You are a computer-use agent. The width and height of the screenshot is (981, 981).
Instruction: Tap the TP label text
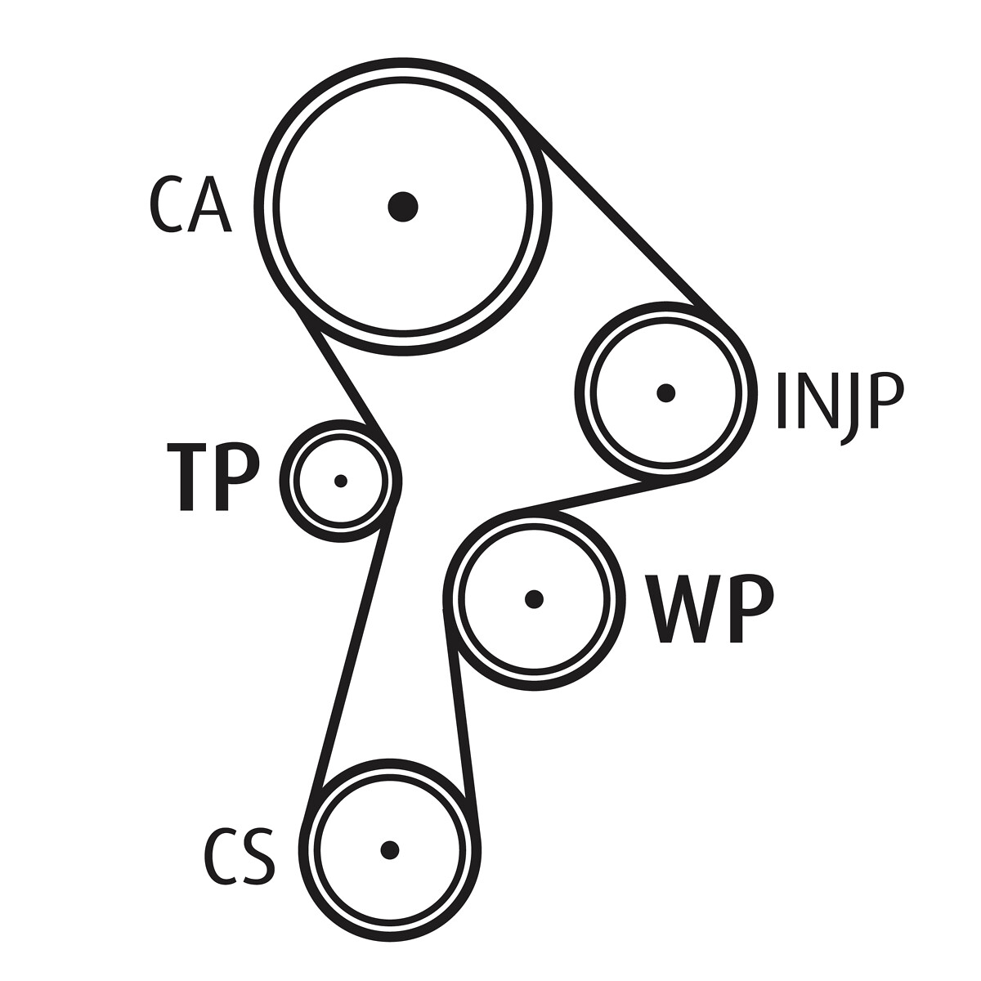tap(213, 477)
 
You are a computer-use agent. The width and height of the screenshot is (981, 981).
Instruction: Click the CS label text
tap(239, 856)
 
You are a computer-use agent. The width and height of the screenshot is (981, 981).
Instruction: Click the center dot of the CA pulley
tap(403, 206)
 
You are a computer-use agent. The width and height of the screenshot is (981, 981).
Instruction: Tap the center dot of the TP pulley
tap(341, 481)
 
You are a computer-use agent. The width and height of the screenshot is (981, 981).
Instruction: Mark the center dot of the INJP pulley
tap(666, 393)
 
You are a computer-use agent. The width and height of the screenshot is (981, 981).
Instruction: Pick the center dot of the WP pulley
tap(535, 599)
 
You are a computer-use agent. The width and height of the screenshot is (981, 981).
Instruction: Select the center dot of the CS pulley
tap(390, 849)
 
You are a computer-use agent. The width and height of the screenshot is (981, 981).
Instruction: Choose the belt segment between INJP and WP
tap(601, 496)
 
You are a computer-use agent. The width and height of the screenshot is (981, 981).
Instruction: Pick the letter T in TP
tap(186, 477)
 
